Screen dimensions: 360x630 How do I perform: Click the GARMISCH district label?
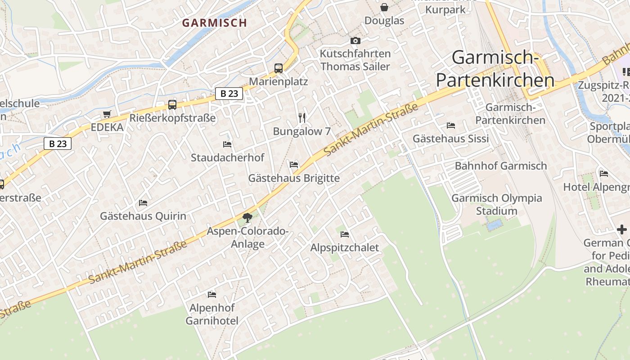click(214, 22)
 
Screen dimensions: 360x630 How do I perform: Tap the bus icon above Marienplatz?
click(279, 68)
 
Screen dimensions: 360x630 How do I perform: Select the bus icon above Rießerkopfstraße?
click(172, 104)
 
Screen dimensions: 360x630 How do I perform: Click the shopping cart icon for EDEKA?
click(107, 114)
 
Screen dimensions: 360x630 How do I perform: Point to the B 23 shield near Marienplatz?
click(229, 94)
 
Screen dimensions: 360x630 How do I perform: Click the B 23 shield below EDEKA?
click(58, 144)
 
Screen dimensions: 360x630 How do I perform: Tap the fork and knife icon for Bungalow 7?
click(302, 118)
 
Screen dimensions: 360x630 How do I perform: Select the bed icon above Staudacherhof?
click(227, 144)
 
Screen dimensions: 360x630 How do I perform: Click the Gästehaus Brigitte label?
click(294, 178)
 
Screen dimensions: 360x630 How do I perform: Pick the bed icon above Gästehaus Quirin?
click(143, 203)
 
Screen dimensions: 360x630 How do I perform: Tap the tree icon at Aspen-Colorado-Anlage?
click(247, 218)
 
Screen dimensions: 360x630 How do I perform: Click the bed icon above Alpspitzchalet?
click(345, 234)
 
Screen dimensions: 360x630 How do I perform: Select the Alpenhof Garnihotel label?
click(212, 315)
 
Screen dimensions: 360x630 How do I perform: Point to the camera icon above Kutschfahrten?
click(355, 41)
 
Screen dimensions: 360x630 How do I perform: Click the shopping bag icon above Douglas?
click(384, 7)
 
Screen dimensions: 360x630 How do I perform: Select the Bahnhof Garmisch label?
click(501, 166)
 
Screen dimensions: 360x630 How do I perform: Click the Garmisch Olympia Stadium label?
click(497, 204)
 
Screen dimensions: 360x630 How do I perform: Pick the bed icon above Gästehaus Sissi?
click(451, 126)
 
